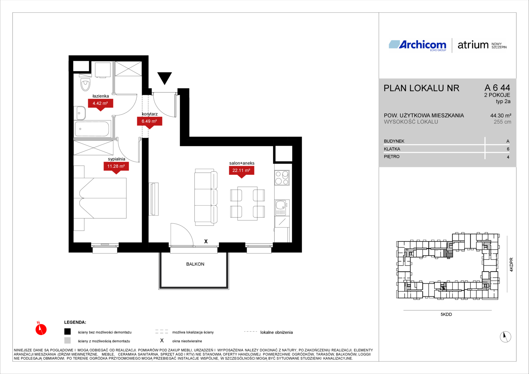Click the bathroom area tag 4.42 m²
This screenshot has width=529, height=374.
[100, 103]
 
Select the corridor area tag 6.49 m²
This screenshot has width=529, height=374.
[149, 121]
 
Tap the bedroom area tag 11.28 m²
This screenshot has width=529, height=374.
[116, 166]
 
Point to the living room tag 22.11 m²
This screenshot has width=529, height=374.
[241, 170]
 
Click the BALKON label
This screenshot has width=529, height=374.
[195, 264]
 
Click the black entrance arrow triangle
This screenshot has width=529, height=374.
[164, 78]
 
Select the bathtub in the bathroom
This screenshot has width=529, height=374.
[92, 129]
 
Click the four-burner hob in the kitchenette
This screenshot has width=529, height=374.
[282, 178]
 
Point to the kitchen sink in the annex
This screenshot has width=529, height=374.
[282, 208]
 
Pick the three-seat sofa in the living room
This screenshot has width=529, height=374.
[205, 197]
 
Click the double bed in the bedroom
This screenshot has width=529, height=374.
[100, 198]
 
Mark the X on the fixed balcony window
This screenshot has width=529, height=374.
[206, 241]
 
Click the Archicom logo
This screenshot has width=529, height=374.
[418, 45]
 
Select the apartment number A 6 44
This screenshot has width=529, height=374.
[497, 88]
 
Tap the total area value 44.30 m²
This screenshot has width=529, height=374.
[501, 116]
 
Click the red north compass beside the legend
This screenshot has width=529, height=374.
[41, 329]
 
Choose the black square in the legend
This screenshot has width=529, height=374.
[68, 332]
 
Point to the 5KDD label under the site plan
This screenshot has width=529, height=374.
[446, 314]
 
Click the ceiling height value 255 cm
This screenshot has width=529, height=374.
[502, 122]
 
